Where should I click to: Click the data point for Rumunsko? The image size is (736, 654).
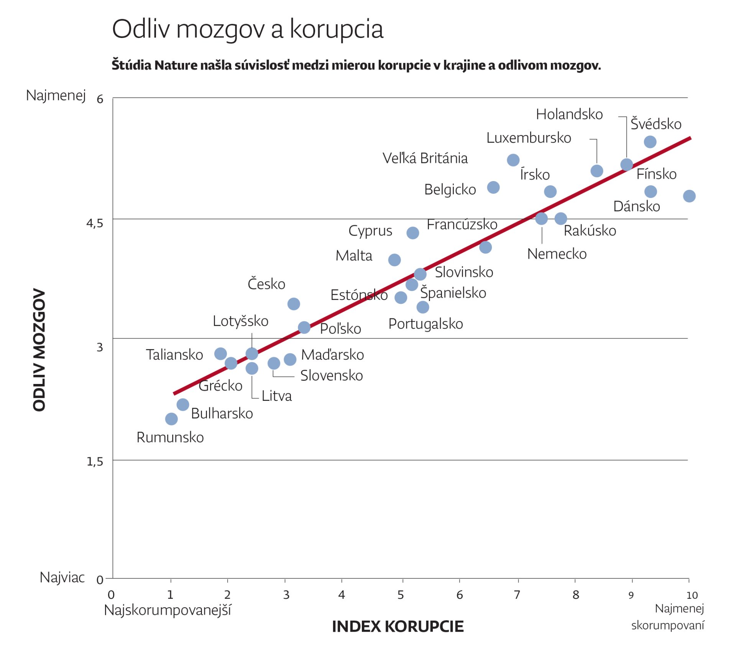(x=171, y=419)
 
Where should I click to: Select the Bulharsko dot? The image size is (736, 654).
(x=183, y=404)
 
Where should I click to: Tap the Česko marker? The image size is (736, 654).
(x=294, y=304)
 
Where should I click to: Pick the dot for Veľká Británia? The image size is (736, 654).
(x=513, y=160)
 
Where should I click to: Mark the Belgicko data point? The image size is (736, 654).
(x=493, y=188)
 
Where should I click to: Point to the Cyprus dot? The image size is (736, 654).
(x=412, y=233)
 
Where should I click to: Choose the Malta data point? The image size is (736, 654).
(x=394, y=260)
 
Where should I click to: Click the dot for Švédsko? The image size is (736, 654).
(x=650, y=142)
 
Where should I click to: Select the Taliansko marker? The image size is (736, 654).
(x=220, y=354)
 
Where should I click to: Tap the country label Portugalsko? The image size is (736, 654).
(x=426, y=324)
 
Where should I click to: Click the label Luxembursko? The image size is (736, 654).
(x=529, y=138)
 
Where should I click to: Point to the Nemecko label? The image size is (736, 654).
(x=557, y=254)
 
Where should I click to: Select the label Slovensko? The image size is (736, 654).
(x=331, y=376)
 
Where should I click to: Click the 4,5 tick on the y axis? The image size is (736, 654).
(x=95, y=223)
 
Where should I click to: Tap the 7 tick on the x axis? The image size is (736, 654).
(x=517, y=595)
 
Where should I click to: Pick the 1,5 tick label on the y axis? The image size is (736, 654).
(x=95, y=461)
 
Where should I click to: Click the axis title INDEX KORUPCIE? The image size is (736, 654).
(x=398, y=627)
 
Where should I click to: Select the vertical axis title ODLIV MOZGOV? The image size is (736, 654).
(x=39, y=350)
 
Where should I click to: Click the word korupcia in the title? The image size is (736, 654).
(x=336, y=29)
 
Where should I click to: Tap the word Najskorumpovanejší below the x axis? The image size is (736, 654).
(x=168, y=610)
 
